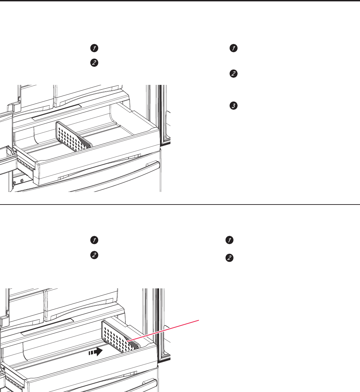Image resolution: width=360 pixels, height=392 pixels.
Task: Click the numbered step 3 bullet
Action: click(x=234, y=106)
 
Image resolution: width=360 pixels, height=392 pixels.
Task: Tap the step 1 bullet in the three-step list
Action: click(x=234, y=48)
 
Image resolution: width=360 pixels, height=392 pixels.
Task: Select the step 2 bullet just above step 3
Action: click(x=234, y=74)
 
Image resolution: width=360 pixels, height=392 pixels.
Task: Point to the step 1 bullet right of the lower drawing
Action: click(x=230, y=240)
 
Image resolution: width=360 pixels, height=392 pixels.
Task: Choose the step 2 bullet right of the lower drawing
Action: click(x=230, y=258)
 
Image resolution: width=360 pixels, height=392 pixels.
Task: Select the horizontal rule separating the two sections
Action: click(x=180, y=205)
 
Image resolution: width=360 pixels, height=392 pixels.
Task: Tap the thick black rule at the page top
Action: click(x=180, y=1)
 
